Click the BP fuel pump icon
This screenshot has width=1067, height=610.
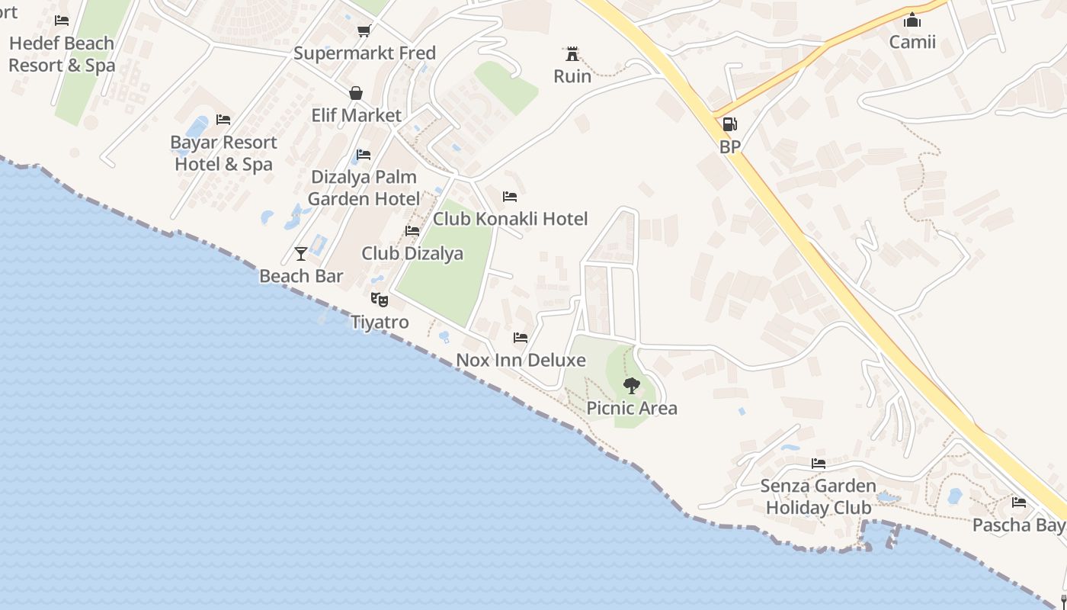[x=729, y=124]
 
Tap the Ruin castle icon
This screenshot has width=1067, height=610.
[x=572, y=53]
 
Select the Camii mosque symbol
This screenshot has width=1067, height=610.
[x=912, y=20]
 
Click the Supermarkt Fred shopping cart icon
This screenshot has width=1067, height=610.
[x=364, y=31]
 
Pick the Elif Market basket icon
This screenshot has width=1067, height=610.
[x=356, y=94]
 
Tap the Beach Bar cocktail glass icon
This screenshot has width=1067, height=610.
[x=301, y=254]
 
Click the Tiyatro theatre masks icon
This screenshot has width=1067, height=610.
[x=379, y=300]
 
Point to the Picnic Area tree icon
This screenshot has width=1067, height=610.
[x=631, y=385]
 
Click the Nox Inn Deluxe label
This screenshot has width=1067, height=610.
[x=521, y=359]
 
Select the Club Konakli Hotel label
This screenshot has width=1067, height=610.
[x=510, y=219]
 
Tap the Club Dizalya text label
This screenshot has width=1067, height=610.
[x=412, y=253]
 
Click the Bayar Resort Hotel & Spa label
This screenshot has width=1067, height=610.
[x=223, y=152]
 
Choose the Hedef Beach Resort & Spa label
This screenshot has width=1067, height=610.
[x=62, y=54]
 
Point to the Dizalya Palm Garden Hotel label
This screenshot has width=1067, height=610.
[x=364, y=188]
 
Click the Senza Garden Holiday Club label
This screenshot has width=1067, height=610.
[x=818, y=496]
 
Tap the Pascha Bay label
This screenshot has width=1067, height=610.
[x=1018, y=525]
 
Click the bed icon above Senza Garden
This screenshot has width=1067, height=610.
[x=819, y=463]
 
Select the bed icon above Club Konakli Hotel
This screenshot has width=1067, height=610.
[x=510, y=197]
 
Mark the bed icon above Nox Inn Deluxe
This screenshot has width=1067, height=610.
[x=521, y=337]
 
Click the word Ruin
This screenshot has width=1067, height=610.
[x=572, y=76]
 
